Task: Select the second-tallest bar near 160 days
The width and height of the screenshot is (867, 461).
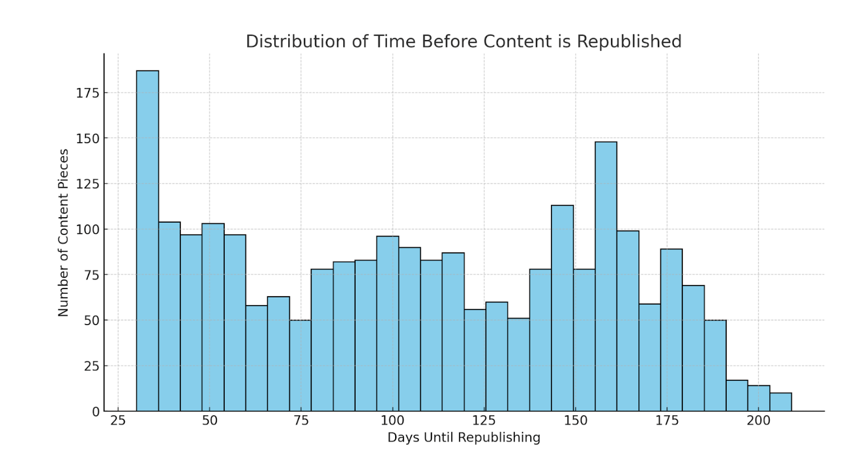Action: [605, 276]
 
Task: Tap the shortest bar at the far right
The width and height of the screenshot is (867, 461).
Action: [781, 402]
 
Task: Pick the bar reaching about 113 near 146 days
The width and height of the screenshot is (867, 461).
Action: [562, 308]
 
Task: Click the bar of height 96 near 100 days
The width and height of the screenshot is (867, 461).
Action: [387, 323]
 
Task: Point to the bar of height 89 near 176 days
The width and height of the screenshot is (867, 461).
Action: [671, 330]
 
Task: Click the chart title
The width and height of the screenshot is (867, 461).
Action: [463, 42]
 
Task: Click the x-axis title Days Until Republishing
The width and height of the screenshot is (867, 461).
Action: [464, 438]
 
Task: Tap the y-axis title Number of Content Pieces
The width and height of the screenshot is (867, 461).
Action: [63, 233]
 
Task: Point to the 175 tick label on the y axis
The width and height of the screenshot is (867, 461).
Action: [87, 93]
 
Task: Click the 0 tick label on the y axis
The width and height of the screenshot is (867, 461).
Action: [96, 411]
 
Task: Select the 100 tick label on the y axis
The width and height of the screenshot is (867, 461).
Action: [87, 229]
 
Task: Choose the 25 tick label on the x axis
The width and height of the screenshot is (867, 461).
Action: [118, 421]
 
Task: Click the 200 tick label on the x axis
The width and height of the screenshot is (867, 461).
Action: [758, 421]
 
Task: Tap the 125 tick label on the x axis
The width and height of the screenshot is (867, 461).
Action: [484, 421]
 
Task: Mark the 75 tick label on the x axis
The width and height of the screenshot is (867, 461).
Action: [301, 421]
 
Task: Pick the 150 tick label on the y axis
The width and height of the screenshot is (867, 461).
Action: [87, 138]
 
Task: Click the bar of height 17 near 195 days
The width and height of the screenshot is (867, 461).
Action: [737, 395]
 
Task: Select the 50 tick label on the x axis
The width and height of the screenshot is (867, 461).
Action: [209, 421]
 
